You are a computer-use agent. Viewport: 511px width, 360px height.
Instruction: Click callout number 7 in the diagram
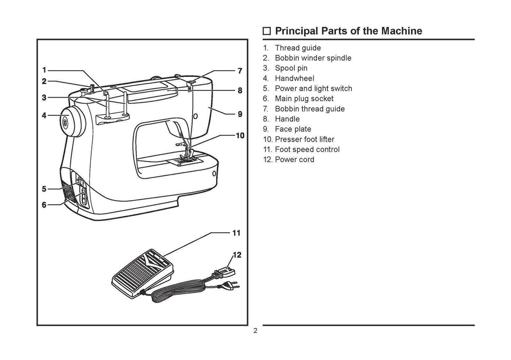(x=240, y=70)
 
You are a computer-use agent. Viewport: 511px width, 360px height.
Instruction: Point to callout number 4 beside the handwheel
(x=44, y=115)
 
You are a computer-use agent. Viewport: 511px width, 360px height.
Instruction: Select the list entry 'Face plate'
(x=293, y=129)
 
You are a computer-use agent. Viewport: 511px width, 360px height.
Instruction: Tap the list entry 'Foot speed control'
(x=307, y=150)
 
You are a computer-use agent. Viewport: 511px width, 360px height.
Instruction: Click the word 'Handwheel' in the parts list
(x=294, y=78)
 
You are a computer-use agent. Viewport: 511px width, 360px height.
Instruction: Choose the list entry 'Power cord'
(x=294, y=160)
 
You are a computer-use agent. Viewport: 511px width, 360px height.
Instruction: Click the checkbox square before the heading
(x=267, y=31)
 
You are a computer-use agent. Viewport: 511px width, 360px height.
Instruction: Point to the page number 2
(x=255, y=332)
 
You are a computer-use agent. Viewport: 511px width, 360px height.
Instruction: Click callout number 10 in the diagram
(x=240, y=135)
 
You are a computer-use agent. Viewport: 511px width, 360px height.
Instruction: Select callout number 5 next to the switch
(x=44, y=189)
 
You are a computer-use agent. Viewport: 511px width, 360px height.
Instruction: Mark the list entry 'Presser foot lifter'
(x=304, y=139)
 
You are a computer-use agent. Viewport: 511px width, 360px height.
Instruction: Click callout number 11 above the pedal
(x=237, y=233)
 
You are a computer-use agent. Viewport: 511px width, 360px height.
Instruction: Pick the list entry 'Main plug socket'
(x=304, y=99)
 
